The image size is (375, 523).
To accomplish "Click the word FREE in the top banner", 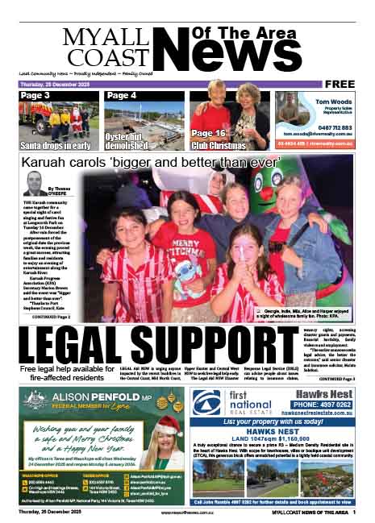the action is (x=346, y=84).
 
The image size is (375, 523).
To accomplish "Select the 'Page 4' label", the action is (x=122, y=96).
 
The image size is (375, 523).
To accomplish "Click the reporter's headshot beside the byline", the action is (x=33, y=184).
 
